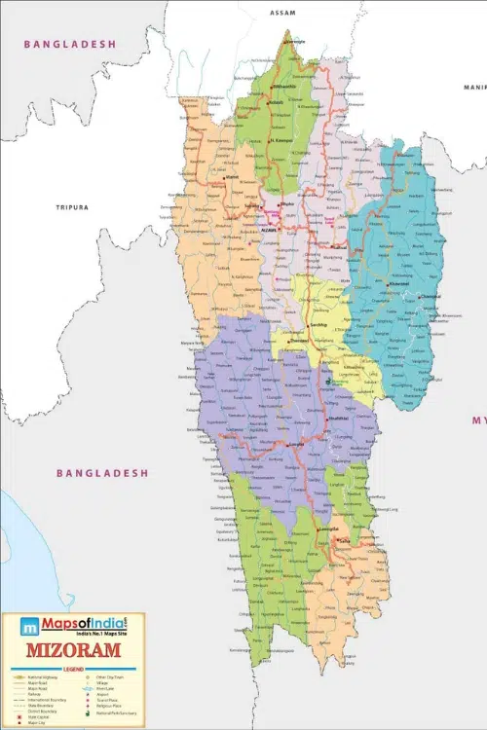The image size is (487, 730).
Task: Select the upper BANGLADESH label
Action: point(70,44)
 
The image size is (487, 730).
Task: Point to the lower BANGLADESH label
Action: point(102,473)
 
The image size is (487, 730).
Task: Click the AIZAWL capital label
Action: point(270,230)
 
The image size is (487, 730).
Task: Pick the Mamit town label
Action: point(231,178)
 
